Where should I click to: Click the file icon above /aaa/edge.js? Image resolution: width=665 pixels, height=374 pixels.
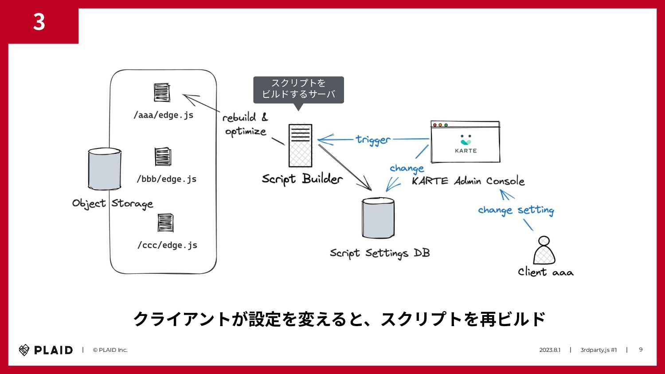coord(162,93)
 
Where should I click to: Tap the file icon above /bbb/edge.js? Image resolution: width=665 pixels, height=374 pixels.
coord(163,156)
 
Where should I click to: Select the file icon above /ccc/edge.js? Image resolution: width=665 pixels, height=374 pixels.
coord(165,222)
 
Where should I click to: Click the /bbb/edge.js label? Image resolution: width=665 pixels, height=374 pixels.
coord(166,179)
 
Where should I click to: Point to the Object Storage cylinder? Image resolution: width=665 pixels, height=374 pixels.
coord(105,169)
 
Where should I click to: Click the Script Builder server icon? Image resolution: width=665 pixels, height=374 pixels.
coord(300,145)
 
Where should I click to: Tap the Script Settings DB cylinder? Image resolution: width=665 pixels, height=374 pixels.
coord(378,218)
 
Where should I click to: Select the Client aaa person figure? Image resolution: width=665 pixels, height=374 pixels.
coord(544,251)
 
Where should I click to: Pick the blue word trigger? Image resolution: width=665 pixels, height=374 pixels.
coord(373,140)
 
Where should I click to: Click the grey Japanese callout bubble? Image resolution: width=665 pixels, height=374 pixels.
coord(298,89)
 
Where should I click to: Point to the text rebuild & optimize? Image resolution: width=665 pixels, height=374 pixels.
coord(245,125)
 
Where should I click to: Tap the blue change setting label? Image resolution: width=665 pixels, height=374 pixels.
coord(516,210)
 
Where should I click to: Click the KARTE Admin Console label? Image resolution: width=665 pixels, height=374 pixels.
coord(468,181)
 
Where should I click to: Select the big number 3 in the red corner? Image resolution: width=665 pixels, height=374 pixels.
coord(39,22)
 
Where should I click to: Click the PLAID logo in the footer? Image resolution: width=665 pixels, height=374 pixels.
coord(46,350)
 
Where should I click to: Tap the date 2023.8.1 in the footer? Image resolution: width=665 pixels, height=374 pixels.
coord(550,350)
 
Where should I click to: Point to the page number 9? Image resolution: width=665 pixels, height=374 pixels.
coord(641,350)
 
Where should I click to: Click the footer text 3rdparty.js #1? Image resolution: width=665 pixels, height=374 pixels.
coord(598,350)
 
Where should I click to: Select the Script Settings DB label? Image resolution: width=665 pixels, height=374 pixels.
coord(379,253)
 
